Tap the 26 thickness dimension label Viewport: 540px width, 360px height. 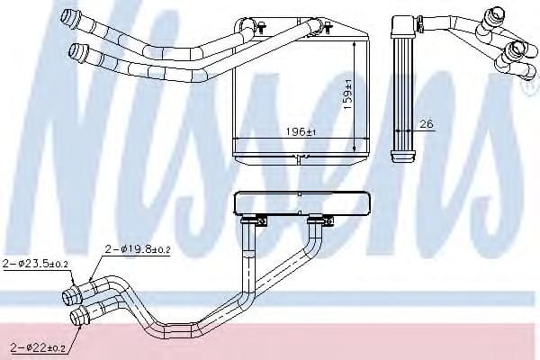point(426,124)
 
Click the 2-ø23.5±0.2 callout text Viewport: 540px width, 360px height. point(33,264)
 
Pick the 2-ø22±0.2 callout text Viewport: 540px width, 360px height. point(40,346)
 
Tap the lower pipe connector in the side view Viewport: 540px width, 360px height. point(517,49)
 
